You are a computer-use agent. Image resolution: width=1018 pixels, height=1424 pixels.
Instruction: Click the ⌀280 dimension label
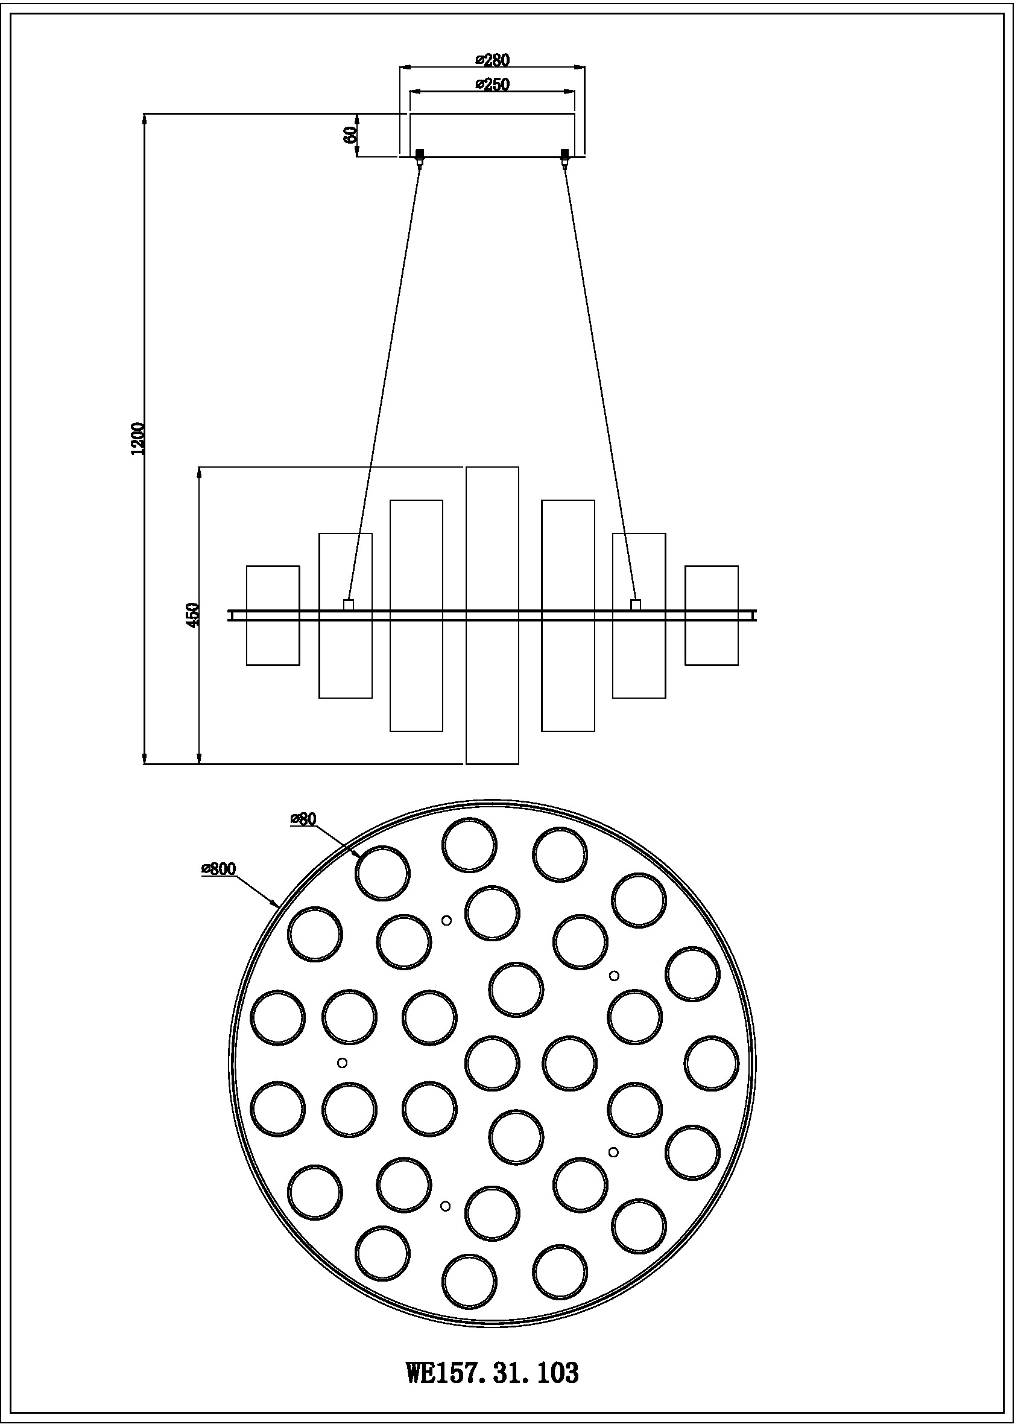pos(492,60)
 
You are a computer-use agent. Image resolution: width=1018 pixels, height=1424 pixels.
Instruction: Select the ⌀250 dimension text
pos(492,84)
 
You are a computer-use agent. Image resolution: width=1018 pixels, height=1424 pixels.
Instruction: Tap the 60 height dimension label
pos(350,133)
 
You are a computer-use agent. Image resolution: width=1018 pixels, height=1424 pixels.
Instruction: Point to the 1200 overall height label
pos(138,438)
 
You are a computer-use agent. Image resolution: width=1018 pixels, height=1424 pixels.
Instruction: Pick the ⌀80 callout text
pos(303,819)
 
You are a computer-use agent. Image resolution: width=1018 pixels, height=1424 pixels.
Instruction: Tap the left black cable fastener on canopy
pos(419,154)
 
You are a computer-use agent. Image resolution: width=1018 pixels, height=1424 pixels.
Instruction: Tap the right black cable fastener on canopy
pos(564,154)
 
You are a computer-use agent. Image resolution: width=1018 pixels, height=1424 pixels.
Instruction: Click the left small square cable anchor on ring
pos(349,605)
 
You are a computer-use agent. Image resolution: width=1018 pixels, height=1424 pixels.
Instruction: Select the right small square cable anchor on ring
pos(636,605)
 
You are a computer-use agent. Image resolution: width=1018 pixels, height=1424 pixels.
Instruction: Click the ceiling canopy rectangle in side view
pos(492,133)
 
